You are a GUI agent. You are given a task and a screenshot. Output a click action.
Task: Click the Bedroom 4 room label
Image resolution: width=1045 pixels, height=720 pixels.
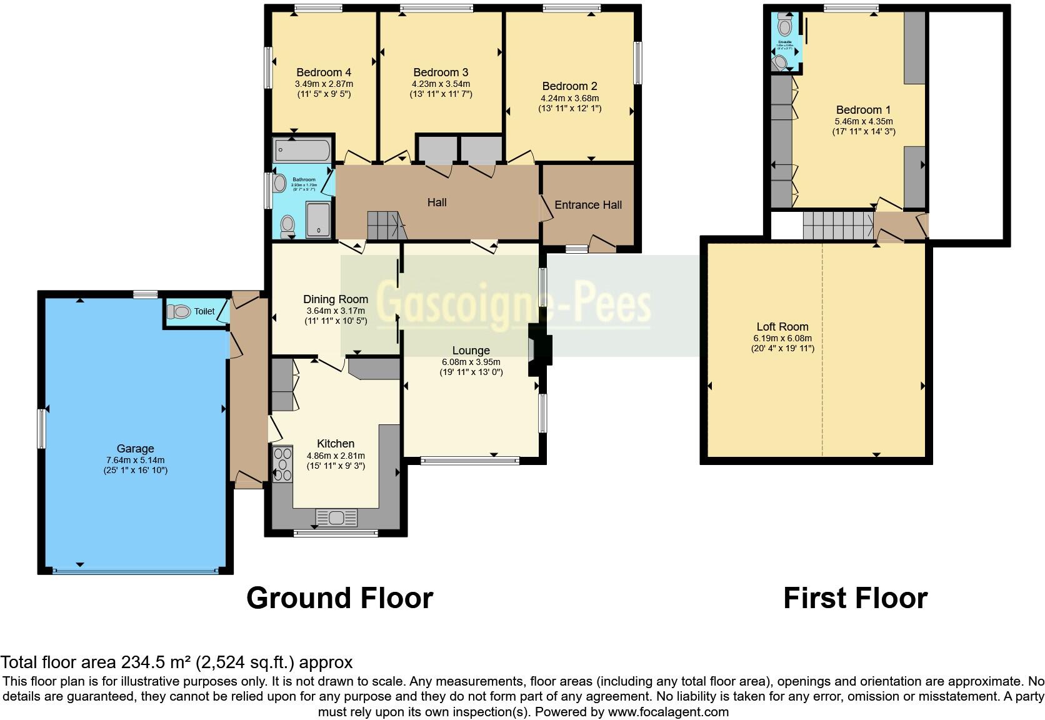tap(324, 72)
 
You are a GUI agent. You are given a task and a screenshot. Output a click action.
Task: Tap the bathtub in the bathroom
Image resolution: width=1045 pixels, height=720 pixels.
tap(302, 151)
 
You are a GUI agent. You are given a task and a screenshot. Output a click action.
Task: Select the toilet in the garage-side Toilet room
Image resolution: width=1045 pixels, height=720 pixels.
tap(181, 311)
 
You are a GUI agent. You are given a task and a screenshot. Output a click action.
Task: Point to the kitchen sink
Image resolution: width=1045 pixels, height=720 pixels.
tap(337, 517)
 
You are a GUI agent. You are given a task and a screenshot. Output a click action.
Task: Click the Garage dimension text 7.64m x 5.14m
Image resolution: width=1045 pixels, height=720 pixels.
tap(136, 460)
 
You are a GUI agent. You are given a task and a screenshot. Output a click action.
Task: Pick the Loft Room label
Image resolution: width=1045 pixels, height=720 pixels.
tap(782, 327)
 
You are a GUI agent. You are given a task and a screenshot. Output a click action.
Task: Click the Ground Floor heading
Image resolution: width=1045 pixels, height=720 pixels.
tap(339, 598)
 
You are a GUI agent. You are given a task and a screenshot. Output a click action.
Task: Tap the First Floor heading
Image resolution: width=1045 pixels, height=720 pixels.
tap(855, 598)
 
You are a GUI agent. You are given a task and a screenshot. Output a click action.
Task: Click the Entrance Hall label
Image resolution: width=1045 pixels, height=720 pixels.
tap(588, 205)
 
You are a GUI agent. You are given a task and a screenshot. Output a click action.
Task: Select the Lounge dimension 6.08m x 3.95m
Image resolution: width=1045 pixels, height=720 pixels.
tap(471, 362)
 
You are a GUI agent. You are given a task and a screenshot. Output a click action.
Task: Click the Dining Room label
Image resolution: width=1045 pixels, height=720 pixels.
tap(336, 299)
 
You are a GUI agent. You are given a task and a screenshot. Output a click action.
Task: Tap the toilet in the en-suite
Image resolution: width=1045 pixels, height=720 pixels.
tap(785, 26)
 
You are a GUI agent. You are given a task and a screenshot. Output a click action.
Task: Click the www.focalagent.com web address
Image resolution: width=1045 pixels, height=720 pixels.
tap(668, 712)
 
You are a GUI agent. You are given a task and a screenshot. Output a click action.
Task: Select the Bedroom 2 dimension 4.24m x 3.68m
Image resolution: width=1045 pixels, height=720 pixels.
tap(569, 98)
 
